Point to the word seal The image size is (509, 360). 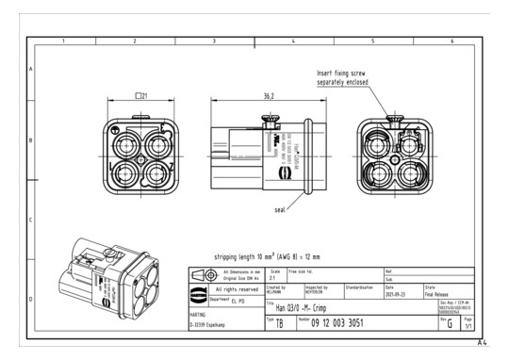coord(279,209)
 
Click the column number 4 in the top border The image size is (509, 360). coord(293,42)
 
